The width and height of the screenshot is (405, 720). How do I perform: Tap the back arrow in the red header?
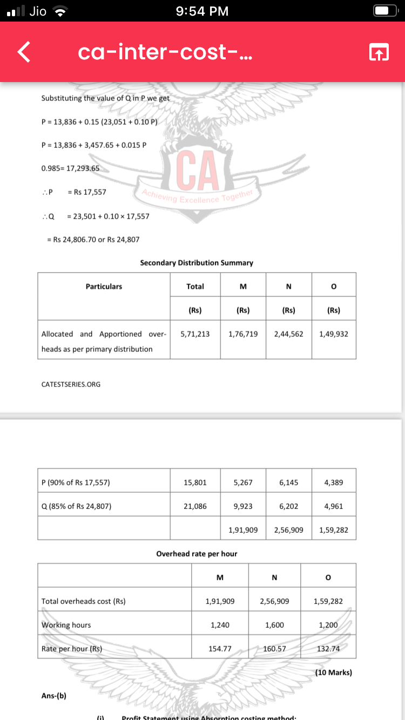coord(23,52)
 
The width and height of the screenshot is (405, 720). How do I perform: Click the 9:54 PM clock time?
coord(202,11)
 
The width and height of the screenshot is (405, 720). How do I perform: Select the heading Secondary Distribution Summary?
coord(197,263)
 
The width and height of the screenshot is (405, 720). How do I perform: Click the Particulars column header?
coord(104,287)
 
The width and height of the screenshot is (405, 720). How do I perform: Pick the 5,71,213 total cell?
coord(195,334)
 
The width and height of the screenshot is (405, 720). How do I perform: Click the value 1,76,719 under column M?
coord(243,334)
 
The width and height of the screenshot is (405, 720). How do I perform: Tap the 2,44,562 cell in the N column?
coord(288,334)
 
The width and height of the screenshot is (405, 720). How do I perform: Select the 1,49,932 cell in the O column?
coord(334,334)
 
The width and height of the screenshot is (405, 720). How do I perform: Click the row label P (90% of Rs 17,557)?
coord(76,483)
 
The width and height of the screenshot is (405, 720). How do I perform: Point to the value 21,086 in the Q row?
coord(195,506)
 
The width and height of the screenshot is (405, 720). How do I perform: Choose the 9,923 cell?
coord(243,506)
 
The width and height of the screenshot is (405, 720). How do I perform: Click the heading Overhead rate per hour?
coord(197,554)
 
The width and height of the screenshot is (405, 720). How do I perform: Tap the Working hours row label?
coord(66,625)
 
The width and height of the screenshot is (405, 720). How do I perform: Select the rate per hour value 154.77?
coord(220,649)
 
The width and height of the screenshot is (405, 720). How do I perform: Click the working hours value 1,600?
coord(274,625)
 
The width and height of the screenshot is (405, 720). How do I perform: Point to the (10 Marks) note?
coord(333,673)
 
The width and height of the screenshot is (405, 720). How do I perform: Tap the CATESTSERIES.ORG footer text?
coord(71,384)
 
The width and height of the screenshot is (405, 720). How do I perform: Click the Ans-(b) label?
coord(54,696)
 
